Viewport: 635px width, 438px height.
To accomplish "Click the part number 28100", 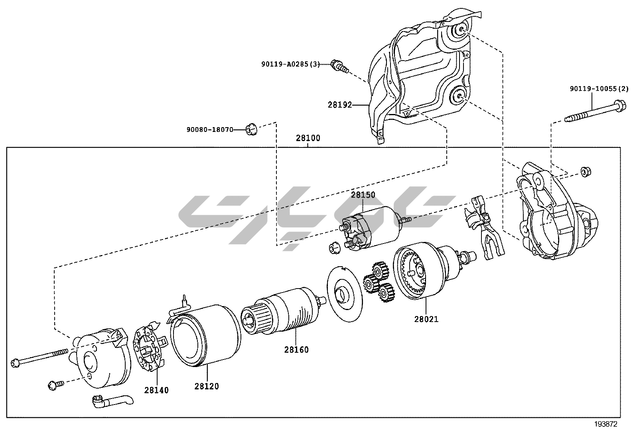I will (x=308, y=139).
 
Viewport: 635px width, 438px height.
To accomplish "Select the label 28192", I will (x=340, y=105).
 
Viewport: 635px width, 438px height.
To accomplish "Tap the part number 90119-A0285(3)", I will (x=290, y=64).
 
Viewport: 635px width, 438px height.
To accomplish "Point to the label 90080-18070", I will (x=209, y=130).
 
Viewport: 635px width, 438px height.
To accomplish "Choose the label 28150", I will (x=363, y=195).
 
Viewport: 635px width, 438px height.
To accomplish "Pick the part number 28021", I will (x=426, y=319).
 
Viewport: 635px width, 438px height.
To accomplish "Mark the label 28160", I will (x=296, y=350).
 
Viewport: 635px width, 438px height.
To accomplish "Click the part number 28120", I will (x=207, y=386).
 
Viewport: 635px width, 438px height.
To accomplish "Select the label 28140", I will (x=156, y=390).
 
